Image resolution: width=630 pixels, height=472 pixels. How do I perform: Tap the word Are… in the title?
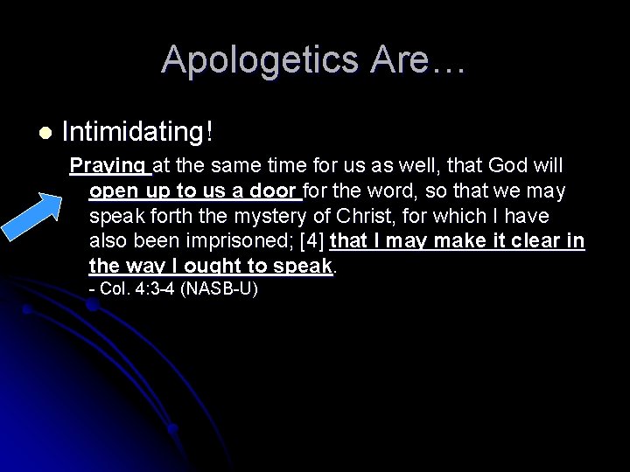[418, 60]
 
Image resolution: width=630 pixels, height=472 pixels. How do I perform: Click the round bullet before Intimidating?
[45, 133]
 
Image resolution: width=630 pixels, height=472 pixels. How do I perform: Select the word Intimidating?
[138, 133]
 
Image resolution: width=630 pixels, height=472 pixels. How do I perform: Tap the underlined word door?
[276, 191]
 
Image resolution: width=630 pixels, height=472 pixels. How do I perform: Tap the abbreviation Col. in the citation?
[115, 289]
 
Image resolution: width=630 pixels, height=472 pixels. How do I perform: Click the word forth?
[158, 216]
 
